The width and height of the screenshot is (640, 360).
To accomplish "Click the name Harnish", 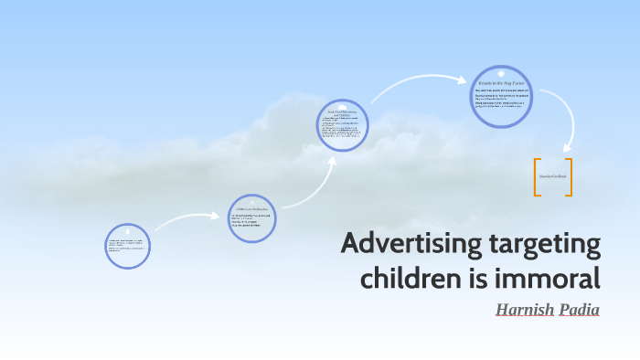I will (x=525, y=309).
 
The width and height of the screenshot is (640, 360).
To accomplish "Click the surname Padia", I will (x=579, y=309).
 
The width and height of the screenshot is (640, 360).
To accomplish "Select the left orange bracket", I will (x=537, y=176).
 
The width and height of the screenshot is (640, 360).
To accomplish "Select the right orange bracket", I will (x=569, y=176).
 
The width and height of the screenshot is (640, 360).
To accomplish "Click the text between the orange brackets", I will (x=552, y=175).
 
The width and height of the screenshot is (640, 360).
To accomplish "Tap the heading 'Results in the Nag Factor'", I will (x=500, y=83).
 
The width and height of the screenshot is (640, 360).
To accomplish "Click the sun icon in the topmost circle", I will (x=500, y=73).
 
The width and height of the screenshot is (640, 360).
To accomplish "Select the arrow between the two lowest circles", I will (x=187, y=219).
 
